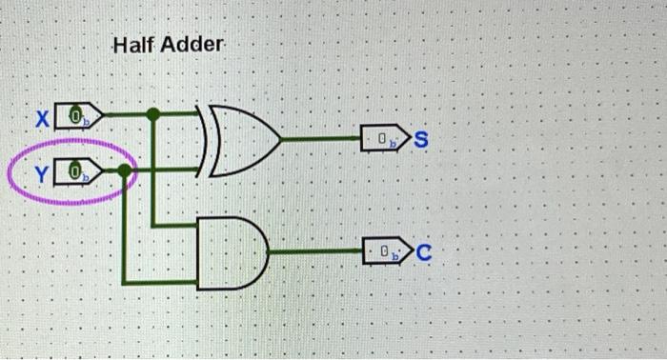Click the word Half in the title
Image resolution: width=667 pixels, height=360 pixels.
click(132, 45)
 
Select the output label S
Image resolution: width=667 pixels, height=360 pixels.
click(422, 143)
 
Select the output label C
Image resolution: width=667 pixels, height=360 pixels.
click(424, 253)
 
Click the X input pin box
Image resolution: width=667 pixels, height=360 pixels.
click(78, 116)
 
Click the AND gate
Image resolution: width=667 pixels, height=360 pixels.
click(230, 251)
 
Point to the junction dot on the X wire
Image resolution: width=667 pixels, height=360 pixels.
click(153, 113)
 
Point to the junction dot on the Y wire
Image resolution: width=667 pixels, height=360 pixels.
click(124, 170)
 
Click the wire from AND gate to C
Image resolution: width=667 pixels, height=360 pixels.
click(314, 252)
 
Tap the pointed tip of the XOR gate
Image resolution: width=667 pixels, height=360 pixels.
click(280, 141)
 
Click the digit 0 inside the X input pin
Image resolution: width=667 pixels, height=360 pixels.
click(73, 116)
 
